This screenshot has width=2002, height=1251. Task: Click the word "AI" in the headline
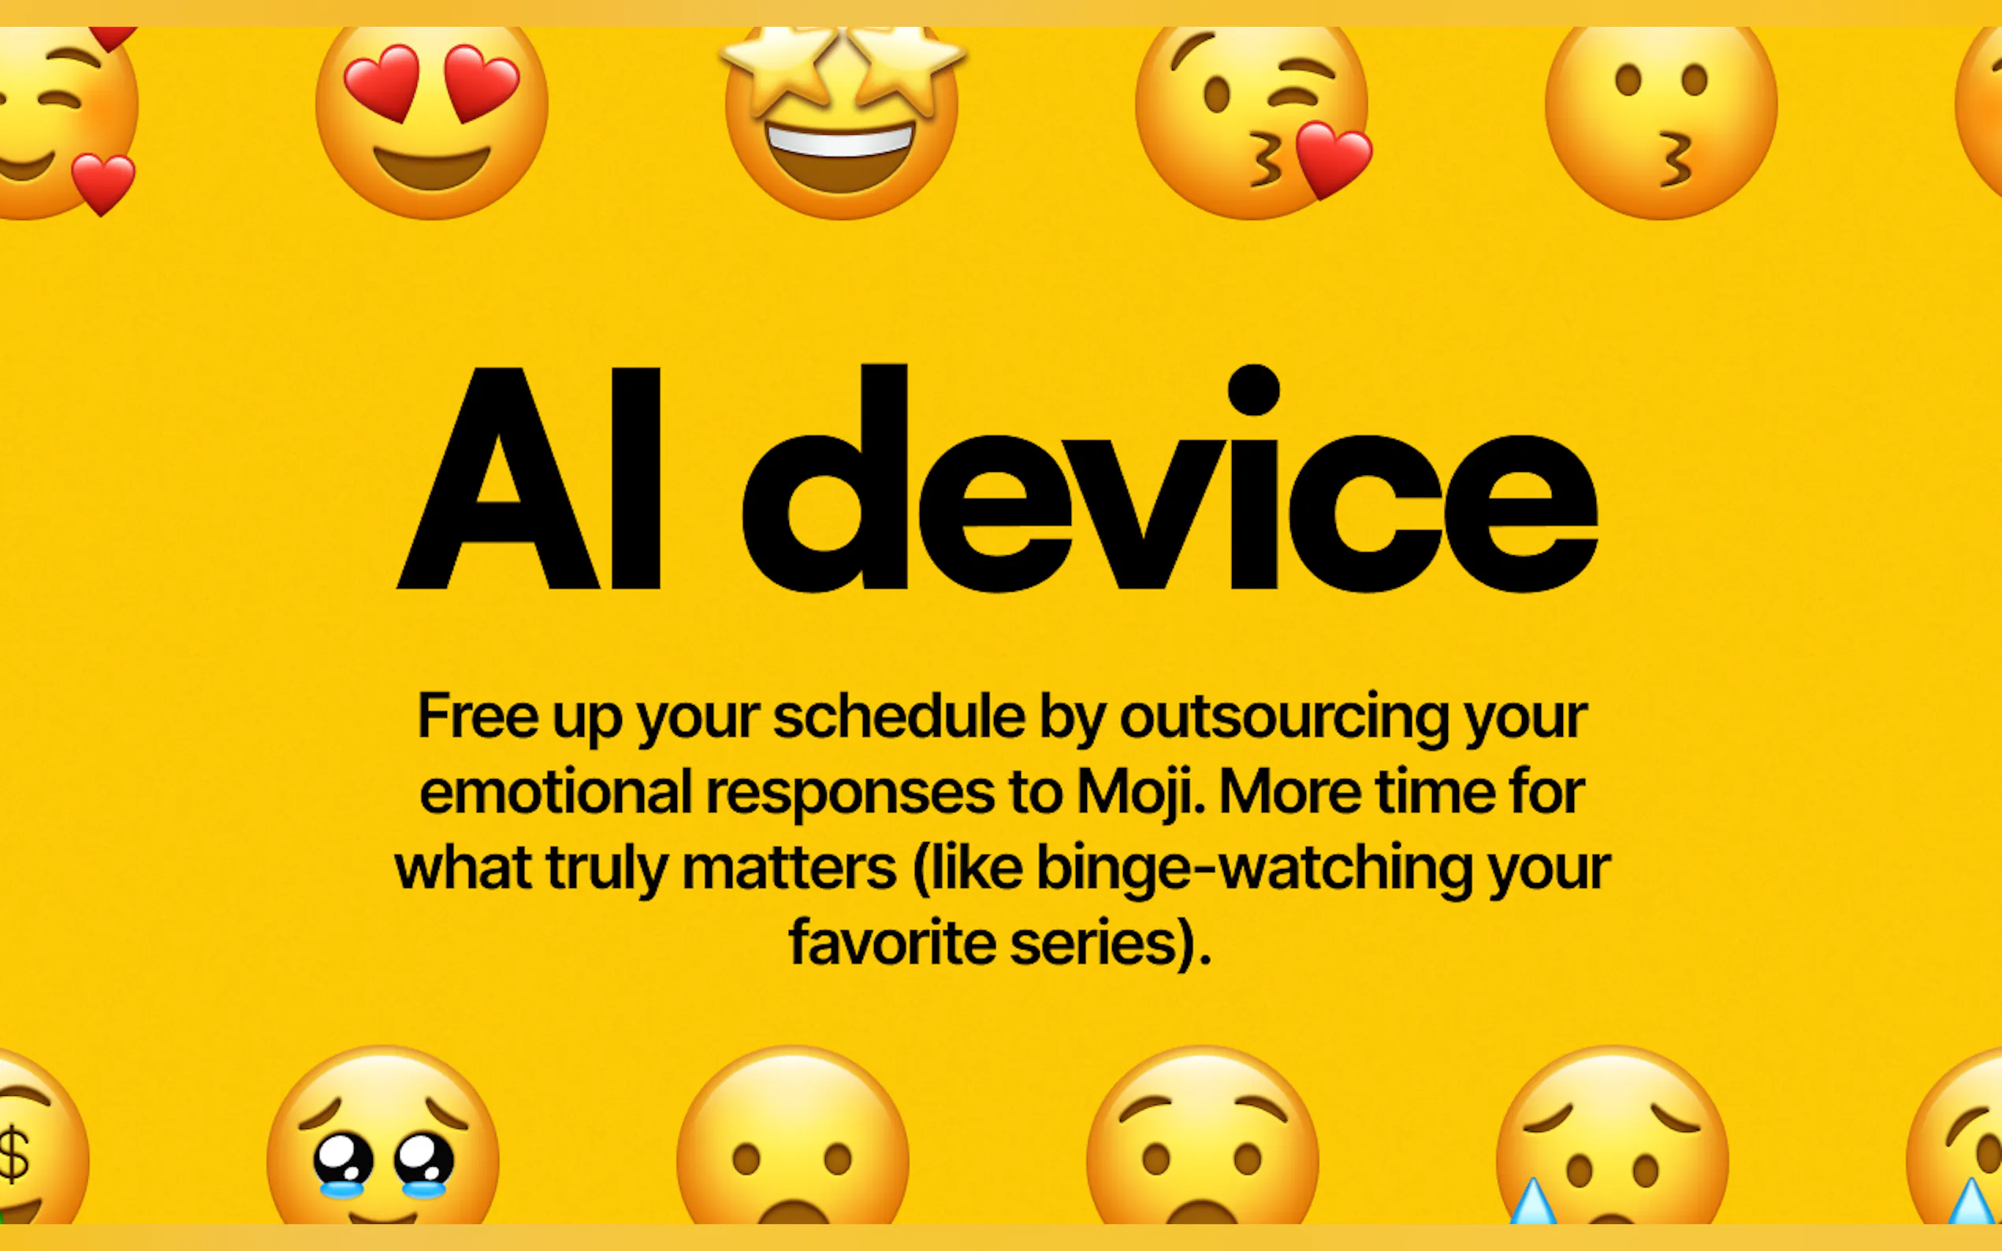(x=529, y=478)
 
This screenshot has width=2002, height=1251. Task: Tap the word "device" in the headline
(x=1170, y=478)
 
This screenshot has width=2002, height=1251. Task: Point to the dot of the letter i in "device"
(x=1254, y=390)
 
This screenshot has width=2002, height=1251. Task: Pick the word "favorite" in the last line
(x=892, y=941)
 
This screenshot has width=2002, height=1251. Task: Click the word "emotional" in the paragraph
(x=556, y=792)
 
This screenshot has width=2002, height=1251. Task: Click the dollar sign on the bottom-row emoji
(x=14, y=1153)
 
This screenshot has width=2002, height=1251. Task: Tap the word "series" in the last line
(x=1093, y=943)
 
